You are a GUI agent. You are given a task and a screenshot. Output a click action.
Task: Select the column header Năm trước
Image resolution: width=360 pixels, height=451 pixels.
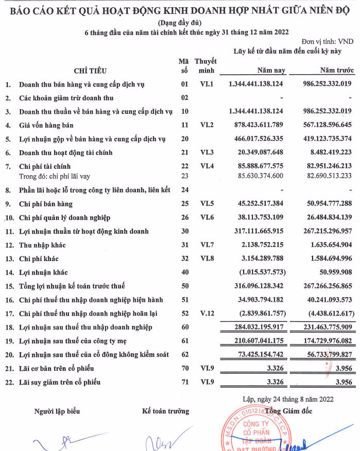point(335,70)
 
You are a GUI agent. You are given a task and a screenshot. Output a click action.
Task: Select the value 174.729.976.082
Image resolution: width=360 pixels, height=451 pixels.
point(322,341)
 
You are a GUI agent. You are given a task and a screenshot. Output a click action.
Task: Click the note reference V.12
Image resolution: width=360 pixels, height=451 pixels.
point(207,314)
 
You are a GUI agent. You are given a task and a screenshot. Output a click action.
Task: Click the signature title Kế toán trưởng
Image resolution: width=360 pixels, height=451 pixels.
point(165,411)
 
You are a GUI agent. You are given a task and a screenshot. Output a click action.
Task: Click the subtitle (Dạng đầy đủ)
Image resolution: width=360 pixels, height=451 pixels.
point(180,23)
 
